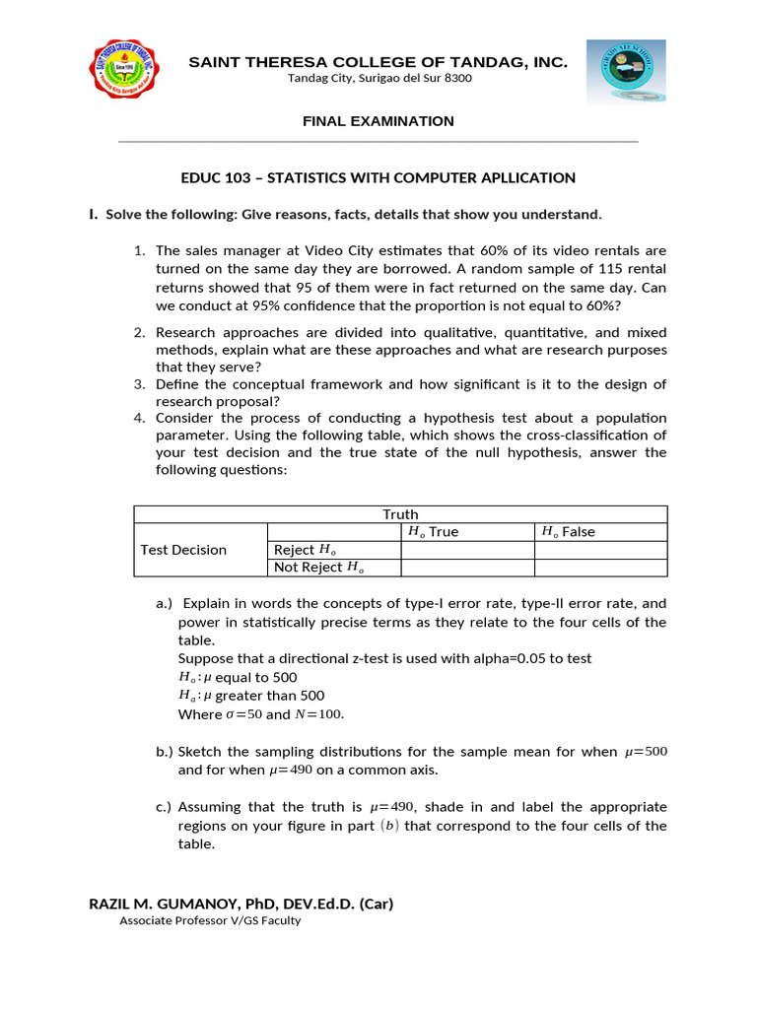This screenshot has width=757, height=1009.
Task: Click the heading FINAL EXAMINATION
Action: click(378, 121)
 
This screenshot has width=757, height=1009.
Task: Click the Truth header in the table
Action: click(400, 514)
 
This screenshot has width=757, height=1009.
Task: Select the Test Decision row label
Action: click(183, 550)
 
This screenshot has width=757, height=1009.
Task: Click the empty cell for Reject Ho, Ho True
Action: click(467, 550)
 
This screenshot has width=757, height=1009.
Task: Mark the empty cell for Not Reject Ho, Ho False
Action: click(600, 568)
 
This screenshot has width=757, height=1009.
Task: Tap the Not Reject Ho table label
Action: click(318, 568)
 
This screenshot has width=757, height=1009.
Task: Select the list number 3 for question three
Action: click(139, 384)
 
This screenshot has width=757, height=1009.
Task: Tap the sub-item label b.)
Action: click(165, 752)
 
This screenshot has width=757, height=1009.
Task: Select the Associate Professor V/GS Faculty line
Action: click(210, 921)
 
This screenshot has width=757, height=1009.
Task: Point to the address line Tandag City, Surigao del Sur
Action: click(378, 79)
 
